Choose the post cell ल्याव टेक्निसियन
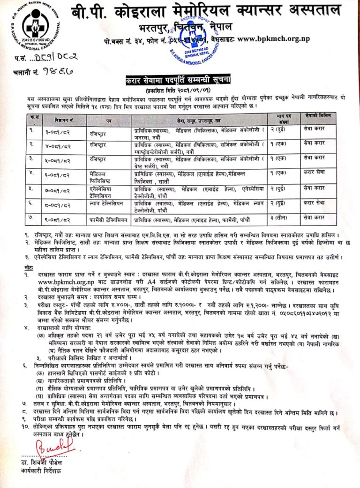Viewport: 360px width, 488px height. [108, 204]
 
